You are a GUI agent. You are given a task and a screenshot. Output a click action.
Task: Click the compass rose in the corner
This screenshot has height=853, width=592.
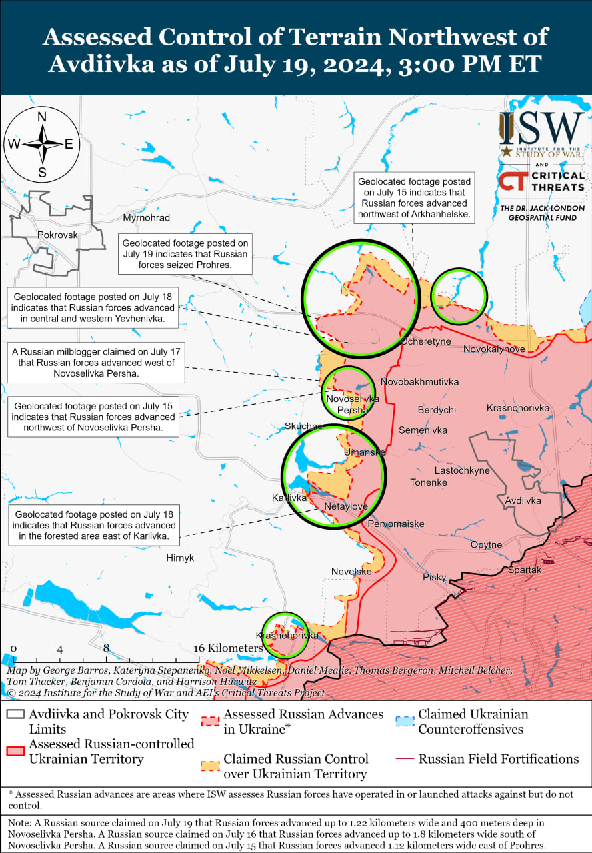tap(41, 144)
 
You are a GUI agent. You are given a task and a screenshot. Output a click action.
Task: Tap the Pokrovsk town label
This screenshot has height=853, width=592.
tap(57, 235)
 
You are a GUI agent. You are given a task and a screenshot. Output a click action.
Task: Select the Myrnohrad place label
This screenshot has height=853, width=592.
tap(146, 218)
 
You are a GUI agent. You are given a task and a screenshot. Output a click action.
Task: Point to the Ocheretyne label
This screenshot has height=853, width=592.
tap(425, 341)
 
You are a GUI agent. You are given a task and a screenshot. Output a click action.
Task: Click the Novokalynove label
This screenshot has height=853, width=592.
tap(494, 349)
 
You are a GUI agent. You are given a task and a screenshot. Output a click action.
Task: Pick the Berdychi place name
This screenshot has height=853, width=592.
tap(437, 410)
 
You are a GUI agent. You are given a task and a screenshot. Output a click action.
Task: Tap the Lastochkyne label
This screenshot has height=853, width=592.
tap(461, 470)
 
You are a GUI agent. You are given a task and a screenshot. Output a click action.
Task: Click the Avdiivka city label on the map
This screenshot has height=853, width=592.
tap(523, 500)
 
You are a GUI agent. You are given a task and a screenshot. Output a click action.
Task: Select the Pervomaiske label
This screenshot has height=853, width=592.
tap(396, 524)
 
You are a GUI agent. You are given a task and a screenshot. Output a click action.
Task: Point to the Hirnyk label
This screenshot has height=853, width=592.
tap(180, 558)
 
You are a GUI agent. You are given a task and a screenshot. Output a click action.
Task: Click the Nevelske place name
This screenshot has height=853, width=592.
tap(351, 572)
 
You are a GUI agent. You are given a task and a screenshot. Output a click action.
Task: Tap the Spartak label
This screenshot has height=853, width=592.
tap(525, 570)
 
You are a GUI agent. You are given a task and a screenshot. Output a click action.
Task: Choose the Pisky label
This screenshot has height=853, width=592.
tap(434, 577)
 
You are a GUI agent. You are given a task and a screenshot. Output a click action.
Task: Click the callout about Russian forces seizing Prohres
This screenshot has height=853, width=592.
tap(185, 254)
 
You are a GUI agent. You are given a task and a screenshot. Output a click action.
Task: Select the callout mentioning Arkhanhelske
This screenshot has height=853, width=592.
tap(414, 198)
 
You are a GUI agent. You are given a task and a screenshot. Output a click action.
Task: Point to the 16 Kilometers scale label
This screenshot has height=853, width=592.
tap(228, 648)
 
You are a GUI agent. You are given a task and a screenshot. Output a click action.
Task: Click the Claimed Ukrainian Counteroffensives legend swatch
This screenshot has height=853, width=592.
tap(404, 721)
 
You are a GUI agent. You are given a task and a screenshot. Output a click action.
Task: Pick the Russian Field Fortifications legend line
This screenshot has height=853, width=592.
tap(404, 759)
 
